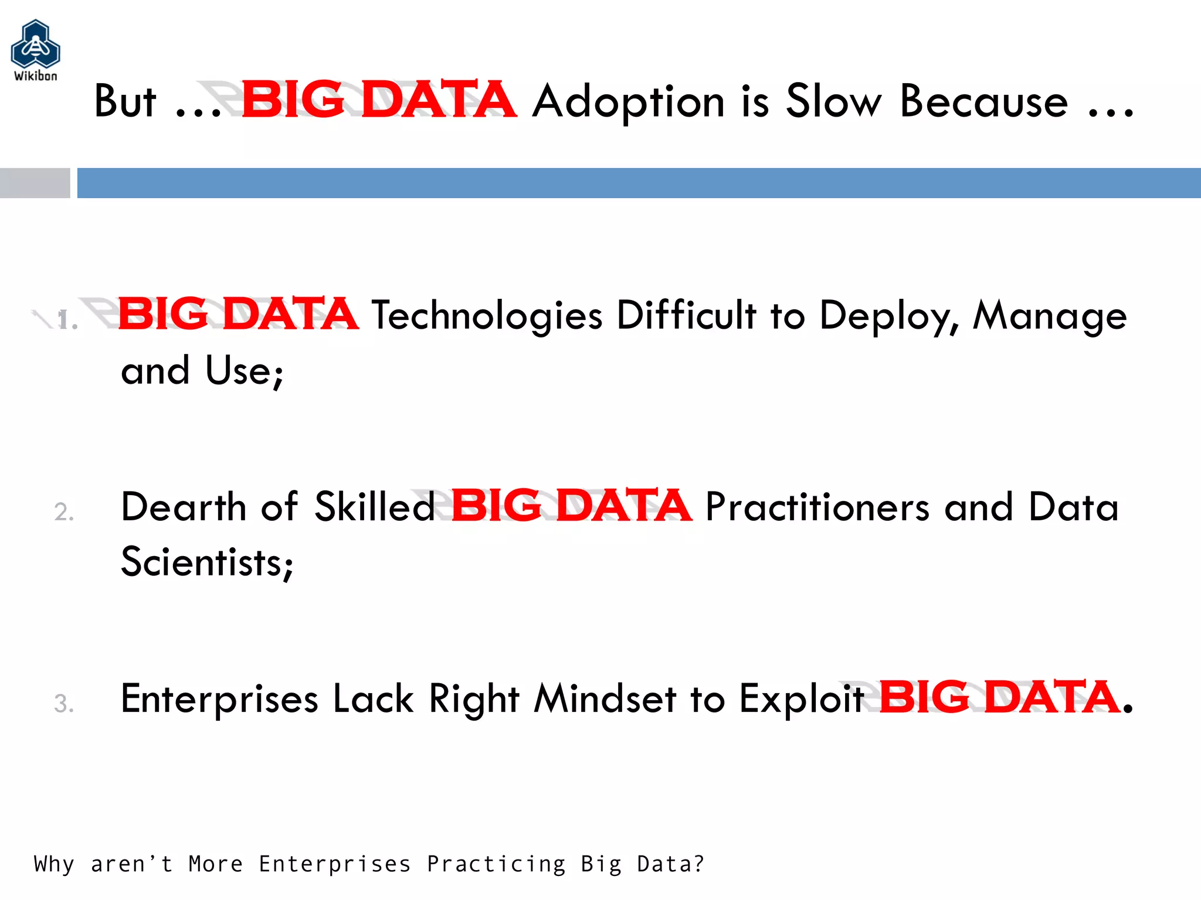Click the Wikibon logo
[x=35, y=50]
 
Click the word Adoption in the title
[x=628, y=102]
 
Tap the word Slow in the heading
[x=833, y=102]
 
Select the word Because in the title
[x=983, y=102]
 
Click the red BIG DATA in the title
[x=378, y=100]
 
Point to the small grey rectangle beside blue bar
[x=35, y=183]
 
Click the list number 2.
[x=64, y=512]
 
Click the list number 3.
[x=64, y=703]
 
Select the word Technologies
[x=487, y=316]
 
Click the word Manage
[x=1049, y=316]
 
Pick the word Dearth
[x=184, y=507]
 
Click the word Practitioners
[x=817, y=507]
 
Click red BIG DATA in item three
[x=999, y=697]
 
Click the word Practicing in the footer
[x=496, y=864]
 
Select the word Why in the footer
[x=54, y=864]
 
